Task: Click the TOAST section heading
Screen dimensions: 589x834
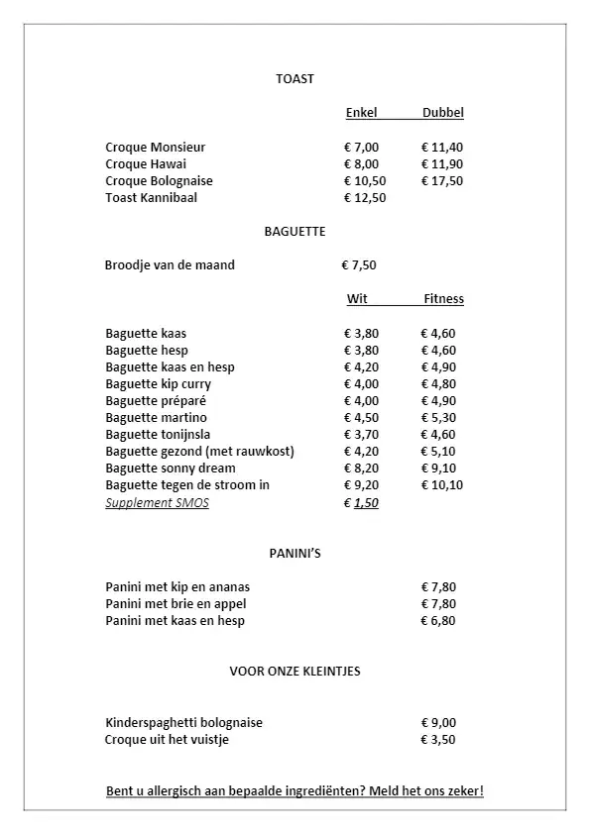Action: pyautogui.click(x=294, y=79)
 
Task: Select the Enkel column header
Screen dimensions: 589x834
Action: pyautogui.click(x=361, y=113)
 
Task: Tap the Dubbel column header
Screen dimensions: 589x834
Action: pyautogui.click(x=442, y=113)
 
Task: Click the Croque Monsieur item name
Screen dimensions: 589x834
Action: pyautogui.click(x=156, y=148)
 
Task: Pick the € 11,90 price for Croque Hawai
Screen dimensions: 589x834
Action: pyautogui.click(x=441, y=164)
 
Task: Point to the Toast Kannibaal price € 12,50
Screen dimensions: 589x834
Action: pyautogui.click(x=364, y=198)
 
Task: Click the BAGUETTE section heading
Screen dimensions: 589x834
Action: pyautogui.click(x=294, y=232)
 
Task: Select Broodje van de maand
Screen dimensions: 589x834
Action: pyautogui.click(x=170, y=265)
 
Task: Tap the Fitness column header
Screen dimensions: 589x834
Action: pyautogui.click(x=443, y=299)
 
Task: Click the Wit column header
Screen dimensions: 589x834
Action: pyautogui.click(x=357, y=299)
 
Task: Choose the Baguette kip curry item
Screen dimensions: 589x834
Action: pyautogui.click(x=158, y=384)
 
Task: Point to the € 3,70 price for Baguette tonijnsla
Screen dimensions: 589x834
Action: pyautogui.click(x=361, y=435)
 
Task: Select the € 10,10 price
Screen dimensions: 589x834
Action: pyautogui.click(x=441, y=485)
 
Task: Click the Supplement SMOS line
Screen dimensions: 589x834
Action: pyautogui.click(x=157, y=503)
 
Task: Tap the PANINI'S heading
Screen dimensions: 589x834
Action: pyautogui.click(x=294, y=554)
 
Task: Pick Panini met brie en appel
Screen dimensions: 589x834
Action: pyautogui.click(x=176, y=604)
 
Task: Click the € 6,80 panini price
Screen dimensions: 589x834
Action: pyautogui.click(x=438, y=621)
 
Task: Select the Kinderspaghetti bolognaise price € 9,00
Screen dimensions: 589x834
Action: pyautogui.click(x=438, y=723)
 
